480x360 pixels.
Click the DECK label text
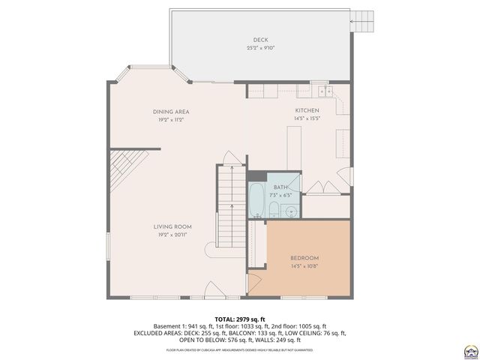(260, 40)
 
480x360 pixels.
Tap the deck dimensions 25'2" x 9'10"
(260, 48)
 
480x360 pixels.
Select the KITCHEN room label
(307, 110)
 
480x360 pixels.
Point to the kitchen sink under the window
(325, 91)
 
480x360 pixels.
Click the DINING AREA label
(171, 112)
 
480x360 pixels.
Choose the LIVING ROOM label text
(172, 226)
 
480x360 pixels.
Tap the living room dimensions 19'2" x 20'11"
(172, 235)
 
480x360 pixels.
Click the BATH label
(280, 187)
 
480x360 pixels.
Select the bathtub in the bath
(256, 197)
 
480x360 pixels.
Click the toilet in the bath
(274, 210)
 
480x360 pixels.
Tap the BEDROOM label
(304, 258)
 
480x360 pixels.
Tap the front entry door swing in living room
(214, 289)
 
